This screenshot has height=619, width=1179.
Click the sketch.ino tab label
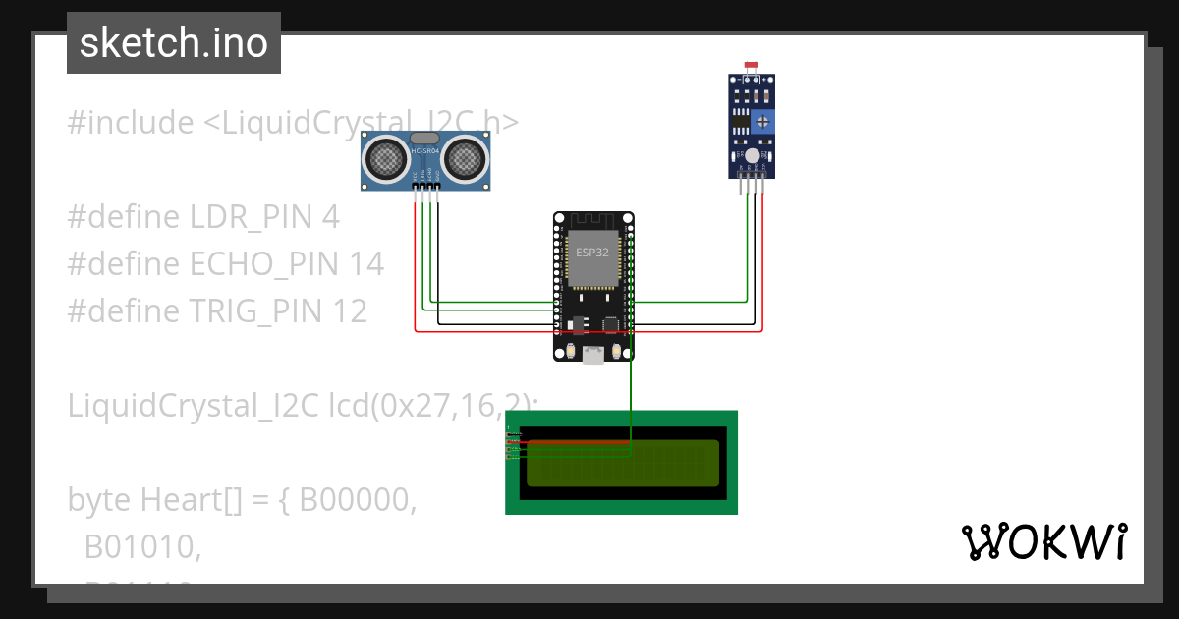[174, 43]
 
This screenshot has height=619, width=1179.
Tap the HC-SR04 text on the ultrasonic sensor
[424, 151]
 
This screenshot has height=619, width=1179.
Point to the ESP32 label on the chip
[592, 253]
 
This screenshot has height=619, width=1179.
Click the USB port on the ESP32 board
[592, 356]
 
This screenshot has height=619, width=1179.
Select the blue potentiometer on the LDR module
[763, 121]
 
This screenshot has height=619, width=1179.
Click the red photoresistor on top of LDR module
[753, 66]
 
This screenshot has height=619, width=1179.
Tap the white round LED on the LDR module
[752, 155]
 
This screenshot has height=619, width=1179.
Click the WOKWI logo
[1043, 541]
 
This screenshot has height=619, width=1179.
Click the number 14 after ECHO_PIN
[365, 264]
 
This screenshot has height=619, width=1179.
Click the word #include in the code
[131, 123]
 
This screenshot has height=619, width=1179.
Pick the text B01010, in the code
[143, 547]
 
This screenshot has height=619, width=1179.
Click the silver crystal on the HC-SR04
[424, 139]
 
